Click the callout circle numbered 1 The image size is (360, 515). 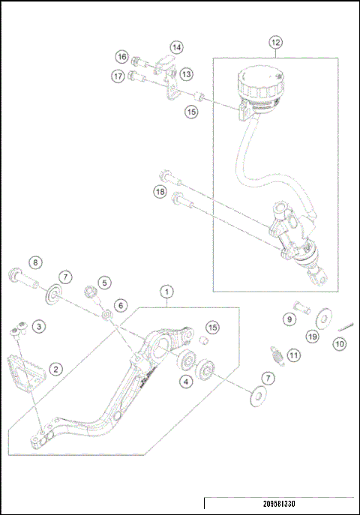pos(167,291)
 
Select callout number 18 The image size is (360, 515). pos(160,192)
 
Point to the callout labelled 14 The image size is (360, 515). pos(175,47)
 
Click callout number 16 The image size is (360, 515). pos(121,57)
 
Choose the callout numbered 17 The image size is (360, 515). pos(118,76)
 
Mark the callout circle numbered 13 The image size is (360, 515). pos(186,73)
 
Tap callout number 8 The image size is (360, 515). pos(34,262)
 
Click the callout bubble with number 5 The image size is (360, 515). pos(104,283)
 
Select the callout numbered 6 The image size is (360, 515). pos(120,306)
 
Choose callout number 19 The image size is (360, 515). pos(312,338)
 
